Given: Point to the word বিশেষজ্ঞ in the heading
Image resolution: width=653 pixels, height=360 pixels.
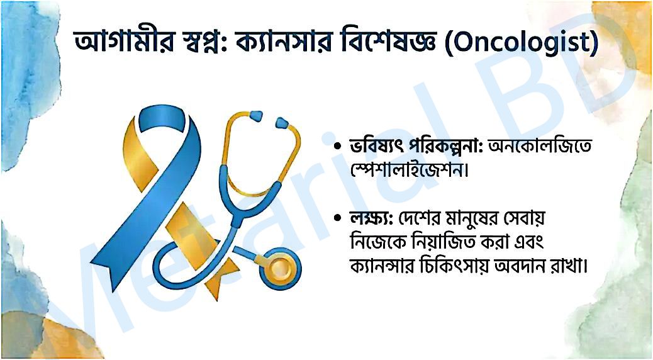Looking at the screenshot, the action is (386, 42).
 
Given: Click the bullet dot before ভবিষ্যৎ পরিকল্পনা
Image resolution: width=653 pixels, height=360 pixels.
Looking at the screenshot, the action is (337, 147).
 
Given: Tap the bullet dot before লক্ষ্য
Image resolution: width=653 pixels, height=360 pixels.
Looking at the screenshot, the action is (337, 218).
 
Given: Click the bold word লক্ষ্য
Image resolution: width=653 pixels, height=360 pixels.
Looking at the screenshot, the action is (371, 218).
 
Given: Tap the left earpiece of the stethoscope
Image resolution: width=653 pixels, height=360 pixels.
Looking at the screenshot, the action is (256, 116).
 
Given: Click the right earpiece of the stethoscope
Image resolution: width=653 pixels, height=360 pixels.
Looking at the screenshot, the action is (282, 123).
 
